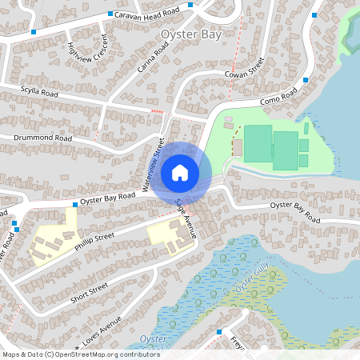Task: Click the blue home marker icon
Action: (180, 172)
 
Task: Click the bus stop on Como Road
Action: (306, 80)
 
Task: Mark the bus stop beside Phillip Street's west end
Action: (16, 229)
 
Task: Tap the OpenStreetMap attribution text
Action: (80, 354)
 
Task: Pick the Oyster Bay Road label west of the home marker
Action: (107, 198)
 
